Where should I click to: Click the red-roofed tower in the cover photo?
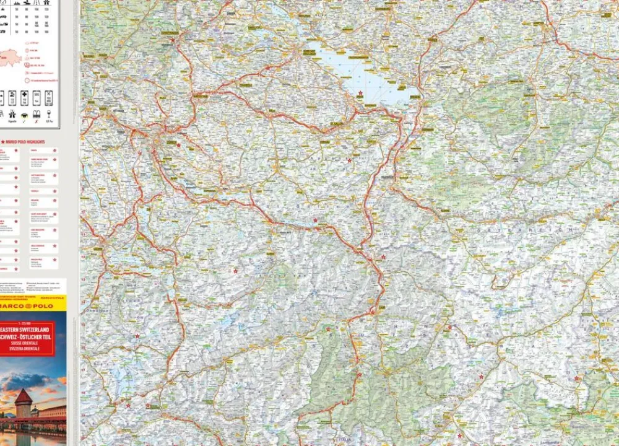23,403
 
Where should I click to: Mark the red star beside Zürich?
179,146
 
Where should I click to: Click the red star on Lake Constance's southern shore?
360,93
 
